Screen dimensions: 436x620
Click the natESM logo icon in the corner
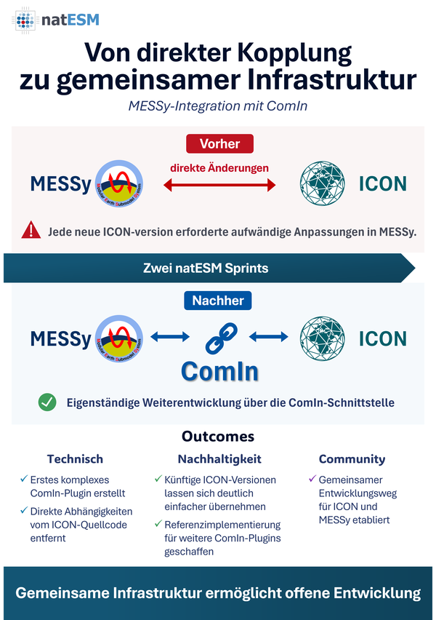click(25, 20)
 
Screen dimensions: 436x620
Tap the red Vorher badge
click(219, 143)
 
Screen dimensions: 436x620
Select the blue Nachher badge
click(217, 301)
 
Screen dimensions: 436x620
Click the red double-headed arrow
click(219, 185)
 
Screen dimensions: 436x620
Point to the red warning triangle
click(31, 231)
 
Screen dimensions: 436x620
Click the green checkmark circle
click(47, 402)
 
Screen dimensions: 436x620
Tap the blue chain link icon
click(221, 338)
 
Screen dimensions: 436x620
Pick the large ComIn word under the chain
click(219, 372)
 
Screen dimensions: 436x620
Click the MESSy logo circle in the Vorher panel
click(119, 184)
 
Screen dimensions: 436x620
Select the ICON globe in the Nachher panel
click(322, 338)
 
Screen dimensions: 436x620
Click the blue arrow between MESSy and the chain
click(170, 337)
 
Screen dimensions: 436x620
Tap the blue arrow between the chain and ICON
click(269, 337)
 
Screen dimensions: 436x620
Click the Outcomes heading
click(218, 436)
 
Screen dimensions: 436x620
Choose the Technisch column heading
click(75, 458)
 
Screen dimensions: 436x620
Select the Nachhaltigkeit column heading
click(219, 458)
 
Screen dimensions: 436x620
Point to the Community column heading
click(352, 459)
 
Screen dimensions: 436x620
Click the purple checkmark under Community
click(312, 479)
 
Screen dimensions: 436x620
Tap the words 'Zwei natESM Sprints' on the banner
click(206, 268)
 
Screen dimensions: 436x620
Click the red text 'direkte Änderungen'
click(219, 167)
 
